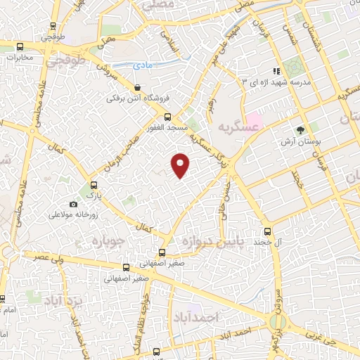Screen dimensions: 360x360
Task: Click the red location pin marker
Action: [181, 165]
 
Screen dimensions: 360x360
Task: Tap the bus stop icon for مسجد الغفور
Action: [167, 117]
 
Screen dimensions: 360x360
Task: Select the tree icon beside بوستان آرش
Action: [301, 130]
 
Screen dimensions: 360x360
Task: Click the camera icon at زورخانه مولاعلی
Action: [73, 204]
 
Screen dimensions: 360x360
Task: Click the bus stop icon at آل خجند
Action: [267, 231]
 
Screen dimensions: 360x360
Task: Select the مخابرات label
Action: [15, 58]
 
